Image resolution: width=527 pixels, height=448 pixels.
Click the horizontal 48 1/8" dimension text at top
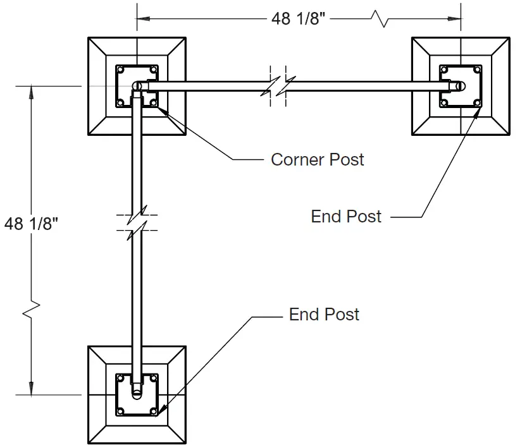[x=298, y=19]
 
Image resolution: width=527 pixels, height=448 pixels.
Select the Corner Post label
[x=317, y=159]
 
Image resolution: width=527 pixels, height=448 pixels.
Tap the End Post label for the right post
[x=346, y=217]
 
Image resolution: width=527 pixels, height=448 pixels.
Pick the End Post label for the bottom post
[x=324, y=315]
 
